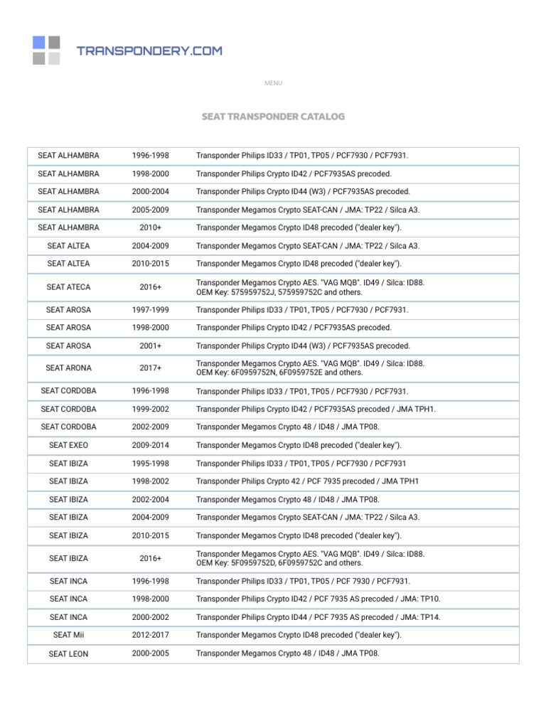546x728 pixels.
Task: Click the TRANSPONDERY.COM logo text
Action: point(149,50)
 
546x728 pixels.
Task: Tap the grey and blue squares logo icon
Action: point(46,50)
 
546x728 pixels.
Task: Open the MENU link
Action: point(273,83)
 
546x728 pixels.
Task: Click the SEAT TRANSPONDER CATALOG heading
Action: point(273,116)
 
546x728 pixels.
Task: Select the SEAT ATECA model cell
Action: point(68,287)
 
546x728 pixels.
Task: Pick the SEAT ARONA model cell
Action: point(68,368)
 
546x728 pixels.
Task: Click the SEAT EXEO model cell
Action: point(68,445)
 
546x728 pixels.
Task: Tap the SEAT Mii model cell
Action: point(68,635)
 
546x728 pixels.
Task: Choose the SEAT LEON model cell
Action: point(68,653)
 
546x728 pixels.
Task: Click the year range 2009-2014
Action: point(150,445)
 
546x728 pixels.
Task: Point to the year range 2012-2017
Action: point(150,635)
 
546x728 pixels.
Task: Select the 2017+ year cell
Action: point(150,368)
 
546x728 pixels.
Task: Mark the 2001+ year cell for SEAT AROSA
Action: point(150,346)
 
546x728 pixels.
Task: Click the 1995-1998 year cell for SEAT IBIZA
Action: point(150,464)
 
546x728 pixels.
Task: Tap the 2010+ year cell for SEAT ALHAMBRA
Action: point(150,228)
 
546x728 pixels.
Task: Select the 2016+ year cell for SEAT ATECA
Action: point(150,287)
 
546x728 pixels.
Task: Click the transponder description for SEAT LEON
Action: point(288,653)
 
